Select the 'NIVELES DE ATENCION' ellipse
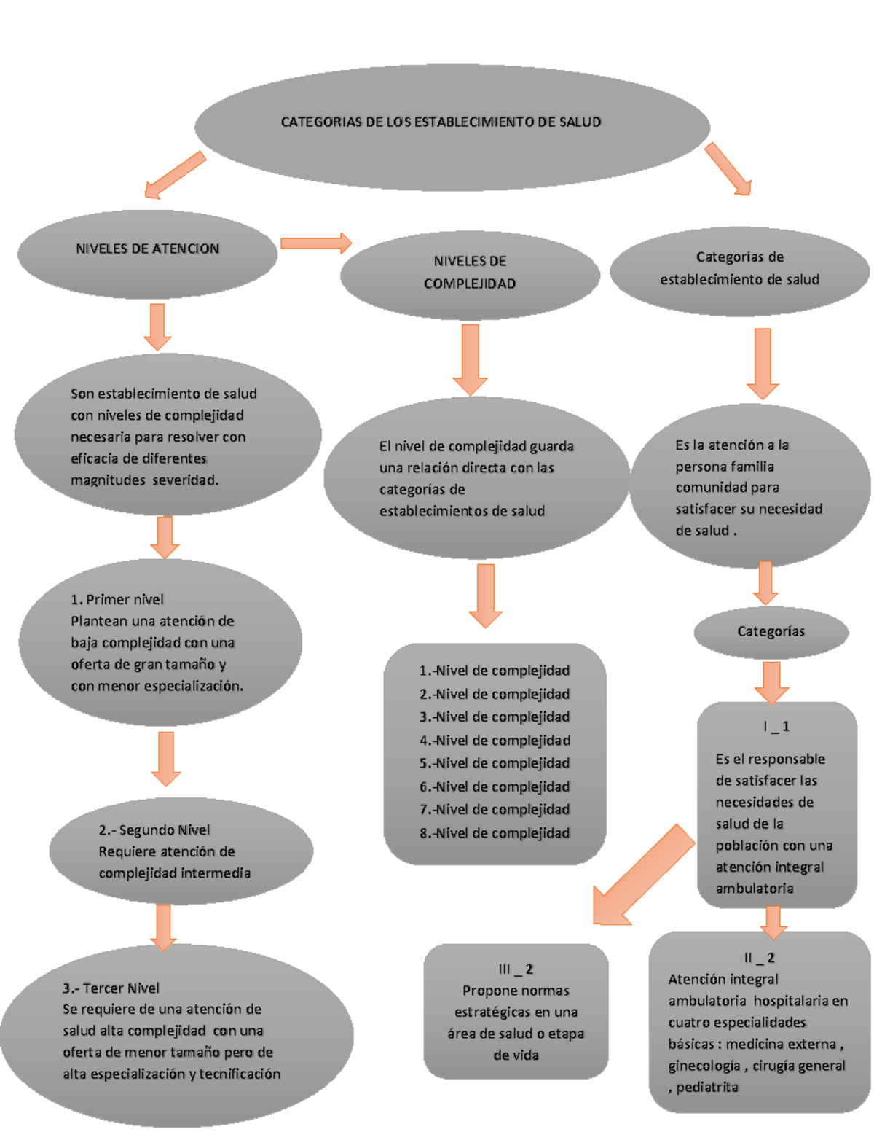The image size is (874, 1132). (x=147, y=249)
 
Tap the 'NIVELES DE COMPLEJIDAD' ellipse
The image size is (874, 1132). (x=470, y=273)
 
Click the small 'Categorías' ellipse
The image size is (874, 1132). (x=771, y=632)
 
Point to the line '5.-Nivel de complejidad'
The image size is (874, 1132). (x=495, y=763)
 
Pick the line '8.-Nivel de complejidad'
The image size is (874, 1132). (x=495, y=833)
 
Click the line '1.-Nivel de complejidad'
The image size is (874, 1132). (x=495, y=671)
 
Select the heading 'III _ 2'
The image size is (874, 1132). (x=516, y=969)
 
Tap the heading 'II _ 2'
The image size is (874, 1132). (x=759, y=958)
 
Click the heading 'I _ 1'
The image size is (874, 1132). (x=776, y=727)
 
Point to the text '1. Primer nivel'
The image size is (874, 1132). (x=117, y=600)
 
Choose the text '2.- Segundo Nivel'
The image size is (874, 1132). (x=154, y=830)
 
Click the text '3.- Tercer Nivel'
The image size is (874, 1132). (x=111, y=988)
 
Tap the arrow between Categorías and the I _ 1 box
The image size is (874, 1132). (x=771, y=682)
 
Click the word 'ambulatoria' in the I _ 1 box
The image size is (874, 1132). (x=755, y=889)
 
